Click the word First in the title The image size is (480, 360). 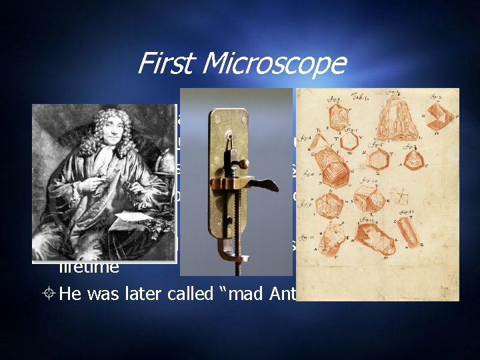coord(162,63)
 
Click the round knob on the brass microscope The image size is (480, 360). coord(244,163)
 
